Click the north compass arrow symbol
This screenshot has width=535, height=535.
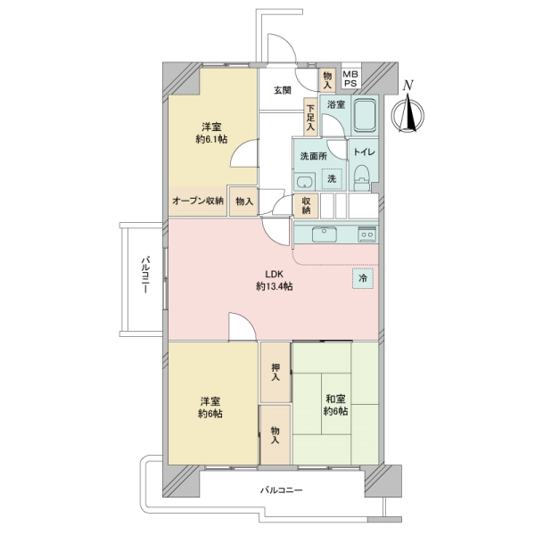(409, 111)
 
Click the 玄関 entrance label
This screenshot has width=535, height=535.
(282, 90)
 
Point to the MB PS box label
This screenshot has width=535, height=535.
(351, 79)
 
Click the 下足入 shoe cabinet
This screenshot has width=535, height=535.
(310, 116)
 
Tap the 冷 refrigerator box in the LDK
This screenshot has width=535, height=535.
(363, 278)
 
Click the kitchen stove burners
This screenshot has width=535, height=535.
(366, 235)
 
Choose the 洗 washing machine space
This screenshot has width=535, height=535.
(331, 179)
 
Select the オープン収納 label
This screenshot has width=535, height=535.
(198, 202)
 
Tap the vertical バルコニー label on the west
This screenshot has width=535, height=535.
(143, 277)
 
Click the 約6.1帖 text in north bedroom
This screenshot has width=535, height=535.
(211, 140)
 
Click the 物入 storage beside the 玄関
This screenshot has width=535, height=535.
(327, 80)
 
